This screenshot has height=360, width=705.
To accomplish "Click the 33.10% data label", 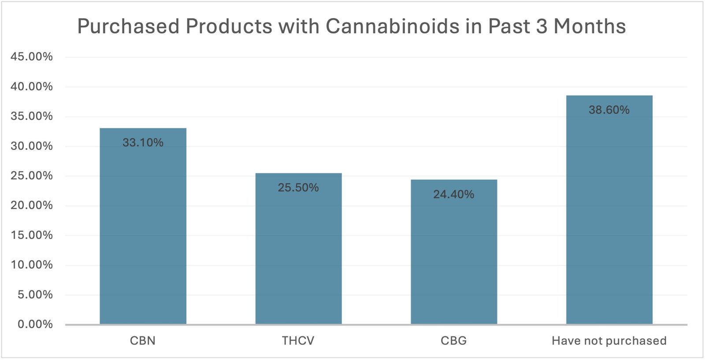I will click(143, 142).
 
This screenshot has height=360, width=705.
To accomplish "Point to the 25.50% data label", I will click(298, 188).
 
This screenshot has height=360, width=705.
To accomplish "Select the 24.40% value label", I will click(454, 194).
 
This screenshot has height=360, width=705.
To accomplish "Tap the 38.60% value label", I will click(609, 110).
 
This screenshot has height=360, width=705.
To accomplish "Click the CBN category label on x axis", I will click(143, 341).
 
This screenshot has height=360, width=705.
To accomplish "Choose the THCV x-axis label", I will click(298, 341).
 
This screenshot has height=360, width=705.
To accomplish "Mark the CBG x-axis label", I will click(454, 341).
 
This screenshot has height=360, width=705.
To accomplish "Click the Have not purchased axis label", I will click(609, 341).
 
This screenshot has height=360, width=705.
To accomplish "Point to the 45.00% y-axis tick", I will click(32, 57).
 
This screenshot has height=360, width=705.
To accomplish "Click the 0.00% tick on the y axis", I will click(35, 324).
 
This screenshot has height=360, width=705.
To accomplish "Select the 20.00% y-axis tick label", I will click(32, 205).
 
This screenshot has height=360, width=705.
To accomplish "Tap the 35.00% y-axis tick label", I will click(32, 116).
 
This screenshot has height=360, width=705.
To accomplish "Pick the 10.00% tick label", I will click(32, 265).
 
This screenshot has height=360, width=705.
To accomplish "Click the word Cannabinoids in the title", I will click(392, 26).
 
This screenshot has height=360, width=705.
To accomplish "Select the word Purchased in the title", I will click(128, 26).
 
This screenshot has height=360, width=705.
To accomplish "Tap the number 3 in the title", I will click(542, 26).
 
